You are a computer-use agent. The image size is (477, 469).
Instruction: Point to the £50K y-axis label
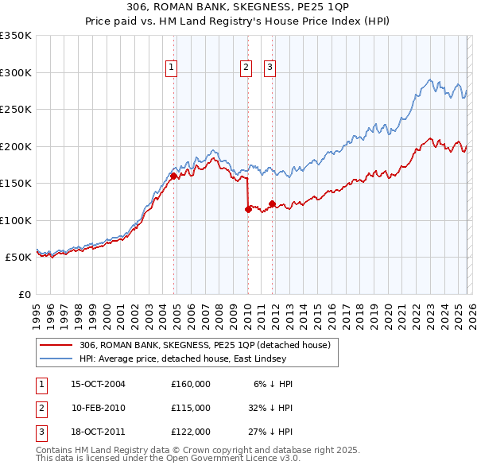click(x=18, y=258)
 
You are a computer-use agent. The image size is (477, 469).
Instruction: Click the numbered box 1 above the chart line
click(x=172, y=68)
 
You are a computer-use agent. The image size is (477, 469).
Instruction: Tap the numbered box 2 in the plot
click(x=246, y=68)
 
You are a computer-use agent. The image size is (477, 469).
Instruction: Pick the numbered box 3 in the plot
click(x=270, y=68)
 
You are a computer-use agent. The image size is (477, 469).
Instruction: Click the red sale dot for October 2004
click(x=173, y=176)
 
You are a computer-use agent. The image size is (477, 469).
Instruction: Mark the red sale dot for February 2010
click(x=247, y=209)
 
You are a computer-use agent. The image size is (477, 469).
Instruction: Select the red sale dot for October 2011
click(x=272, y=204)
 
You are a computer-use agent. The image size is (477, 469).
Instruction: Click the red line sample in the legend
click(x=57, y=345)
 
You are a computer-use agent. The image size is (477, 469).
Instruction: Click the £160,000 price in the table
click(x=191, y=384)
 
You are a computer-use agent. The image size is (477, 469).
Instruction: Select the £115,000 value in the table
click(x=191, y=407)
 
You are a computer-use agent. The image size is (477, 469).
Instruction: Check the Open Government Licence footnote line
click(x=168, y=458)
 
